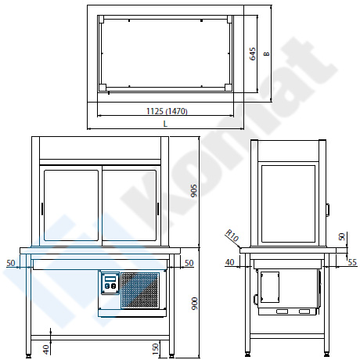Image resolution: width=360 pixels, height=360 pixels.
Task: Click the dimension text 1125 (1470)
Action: tap(167, 111)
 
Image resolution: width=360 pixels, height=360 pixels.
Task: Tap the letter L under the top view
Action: tap(165, 124)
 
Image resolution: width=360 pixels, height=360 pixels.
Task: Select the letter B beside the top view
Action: tap(266, 54)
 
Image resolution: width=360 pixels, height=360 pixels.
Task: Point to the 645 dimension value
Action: tap(253, 54)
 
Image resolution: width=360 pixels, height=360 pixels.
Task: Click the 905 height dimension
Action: tap(194, 191)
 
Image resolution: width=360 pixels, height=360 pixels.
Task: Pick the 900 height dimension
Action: tap(195, 304)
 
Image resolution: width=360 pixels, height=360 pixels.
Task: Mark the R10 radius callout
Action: tap(232, 236)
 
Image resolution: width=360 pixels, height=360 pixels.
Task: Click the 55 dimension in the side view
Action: tap(352, 262)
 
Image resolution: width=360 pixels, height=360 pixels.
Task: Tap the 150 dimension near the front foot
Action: tap(155, 349)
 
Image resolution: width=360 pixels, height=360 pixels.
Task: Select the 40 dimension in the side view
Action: tap(229, 262)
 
